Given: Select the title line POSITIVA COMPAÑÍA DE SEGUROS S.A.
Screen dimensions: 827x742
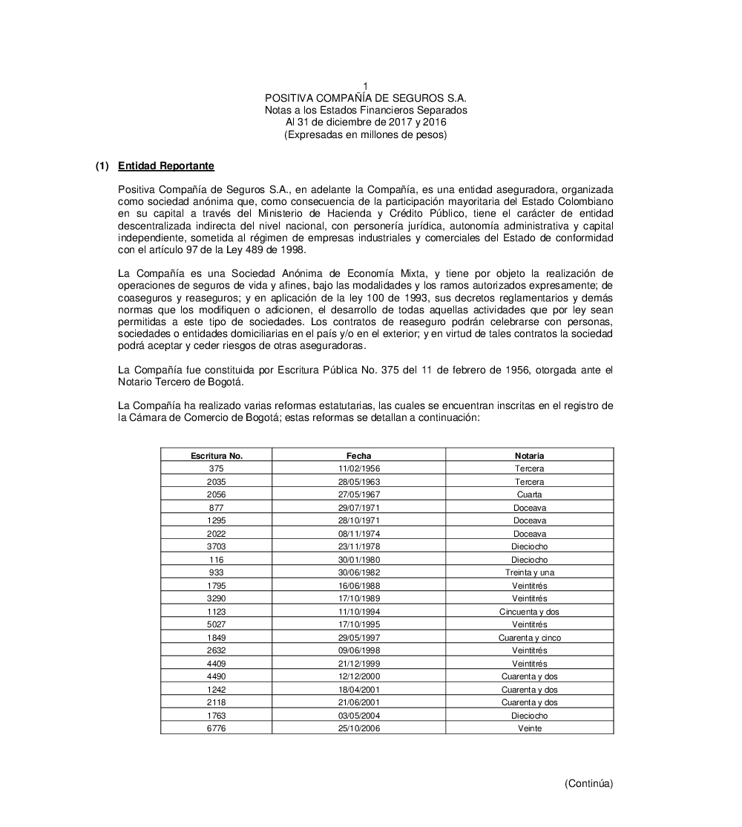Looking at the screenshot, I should pyautogui.click(x=366, y=98).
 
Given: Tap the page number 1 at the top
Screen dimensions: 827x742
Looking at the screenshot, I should pyautogui.click(x=366, y=87).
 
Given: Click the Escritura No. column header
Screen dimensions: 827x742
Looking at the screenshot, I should pyautogui.click(x=217, y=456).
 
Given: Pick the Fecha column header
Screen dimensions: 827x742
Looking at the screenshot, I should pyautogui.click(x=359, y=456).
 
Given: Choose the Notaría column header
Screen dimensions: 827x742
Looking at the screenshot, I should pyautogui.click(x=529, y=456).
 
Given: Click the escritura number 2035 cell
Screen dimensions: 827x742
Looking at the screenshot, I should pyautogui.click(x=217, y=482).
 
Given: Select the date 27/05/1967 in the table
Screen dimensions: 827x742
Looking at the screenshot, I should pyautogui.click(x=359, y=494).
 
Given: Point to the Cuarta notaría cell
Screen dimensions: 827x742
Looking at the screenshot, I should pyautogui.click(x=529, y=494).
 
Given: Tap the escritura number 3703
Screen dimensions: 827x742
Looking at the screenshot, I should pyautogui.click(x=217, y=546).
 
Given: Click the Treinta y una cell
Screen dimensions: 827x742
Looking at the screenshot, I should pyautogui.click(x=529, y=572).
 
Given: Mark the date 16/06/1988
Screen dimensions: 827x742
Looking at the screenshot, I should pyautogui.click(x=359, y=586).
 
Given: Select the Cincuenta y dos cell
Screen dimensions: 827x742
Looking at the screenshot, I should pyautogui.click(x=529, y=612).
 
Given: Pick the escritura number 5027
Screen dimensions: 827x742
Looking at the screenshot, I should pyautogui.click(x=217, y=624).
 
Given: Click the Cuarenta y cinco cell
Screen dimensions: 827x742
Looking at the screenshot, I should pyautogui.click(x=529, y=638).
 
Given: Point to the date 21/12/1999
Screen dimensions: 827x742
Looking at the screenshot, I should pyautogui.click(x=359, y=664).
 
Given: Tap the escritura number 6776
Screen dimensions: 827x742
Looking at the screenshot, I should pyautogui.click(x=217, y=728).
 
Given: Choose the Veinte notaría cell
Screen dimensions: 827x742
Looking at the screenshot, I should pyautogui.click(x=529, y=728).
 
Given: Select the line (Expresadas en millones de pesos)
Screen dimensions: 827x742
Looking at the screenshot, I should pyautogui.click(x=366, y=134).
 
